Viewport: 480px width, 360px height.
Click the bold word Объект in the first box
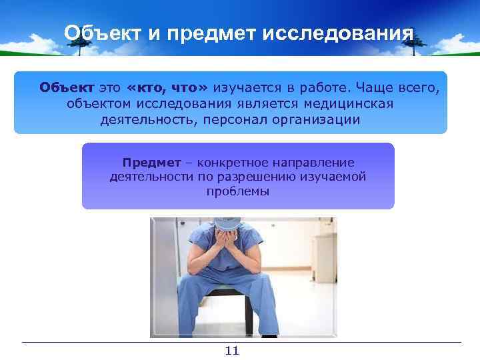click(67, 88)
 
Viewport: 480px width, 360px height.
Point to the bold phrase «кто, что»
click(167, 88)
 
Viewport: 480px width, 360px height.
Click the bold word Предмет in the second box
click(151, 162)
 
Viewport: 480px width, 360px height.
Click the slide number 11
click(232, 351)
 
